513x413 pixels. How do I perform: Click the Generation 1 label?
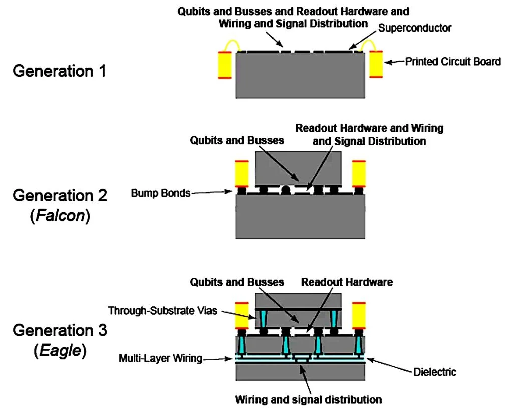pos(59,71)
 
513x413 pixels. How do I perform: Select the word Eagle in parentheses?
pos(60,351)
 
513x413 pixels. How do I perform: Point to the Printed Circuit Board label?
pos(453,62)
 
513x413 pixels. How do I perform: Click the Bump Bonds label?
pos(161,193)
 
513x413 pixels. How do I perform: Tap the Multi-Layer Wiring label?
pos(160,358)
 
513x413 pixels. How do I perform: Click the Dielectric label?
pos(434,372)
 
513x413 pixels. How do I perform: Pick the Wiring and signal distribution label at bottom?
pos(309,399)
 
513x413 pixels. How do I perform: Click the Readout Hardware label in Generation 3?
pos(347,282)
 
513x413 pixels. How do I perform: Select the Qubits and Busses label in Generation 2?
pos(237,140)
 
